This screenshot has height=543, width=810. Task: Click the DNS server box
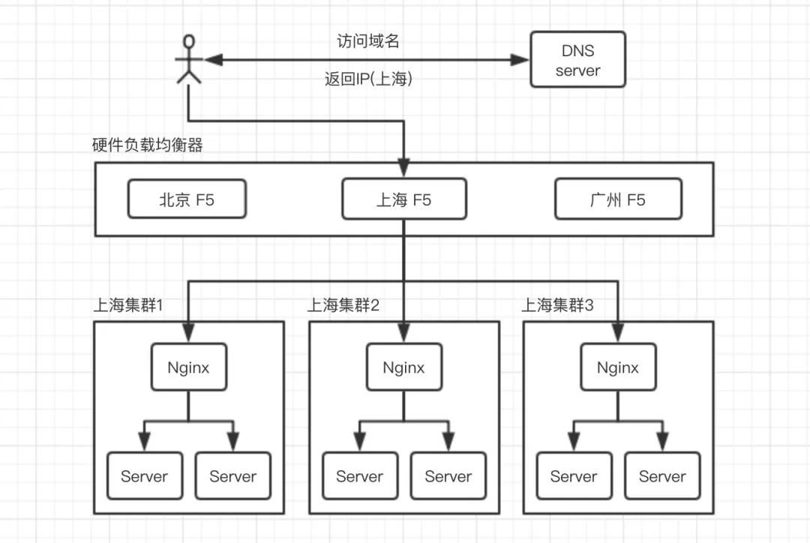(x=577, y=59)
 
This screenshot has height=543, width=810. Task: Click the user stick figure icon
(x=188, y=59)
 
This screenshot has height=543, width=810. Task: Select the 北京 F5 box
(x=187, y=199)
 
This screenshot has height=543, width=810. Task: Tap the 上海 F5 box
(x=404, y=199)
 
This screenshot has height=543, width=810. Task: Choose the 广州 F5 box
(x=618, y=199)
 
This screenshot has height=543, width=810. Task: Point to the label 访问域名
(x=367, y=40)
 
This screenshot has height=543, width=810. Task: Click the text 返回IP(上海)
(x=368, y=79)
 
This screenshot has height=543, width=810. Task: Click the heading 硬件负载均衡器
(x=147, y=145)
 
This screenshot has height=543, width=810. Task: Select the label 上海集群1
(x=128, y=304)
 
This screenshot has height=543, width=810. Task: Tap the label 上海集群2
(x=343, y=304)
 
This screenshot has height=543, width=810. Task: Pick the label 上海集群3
(x=557, y=304)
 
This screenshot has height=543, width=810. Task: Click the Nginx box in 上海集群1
(x=188, y=367)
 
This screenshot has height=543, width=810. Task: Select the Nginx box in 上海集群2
(x=404, y=367)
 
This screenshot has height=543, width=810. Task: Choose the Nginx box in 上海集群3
(x=618, y=367)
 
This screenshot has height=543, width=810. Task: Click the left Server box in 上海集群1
(x=145, y=475)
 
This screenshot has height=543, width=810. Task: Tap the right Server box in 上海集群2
(x=448, y=475)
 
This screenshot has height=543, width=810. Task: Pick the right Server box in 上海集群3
(x=663, y=475)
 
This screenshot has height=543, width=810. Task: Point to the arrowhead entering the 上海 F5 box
(x=404, y=169)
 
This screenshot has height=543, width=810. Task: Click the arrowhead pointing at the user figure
(x=214, y=60)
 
